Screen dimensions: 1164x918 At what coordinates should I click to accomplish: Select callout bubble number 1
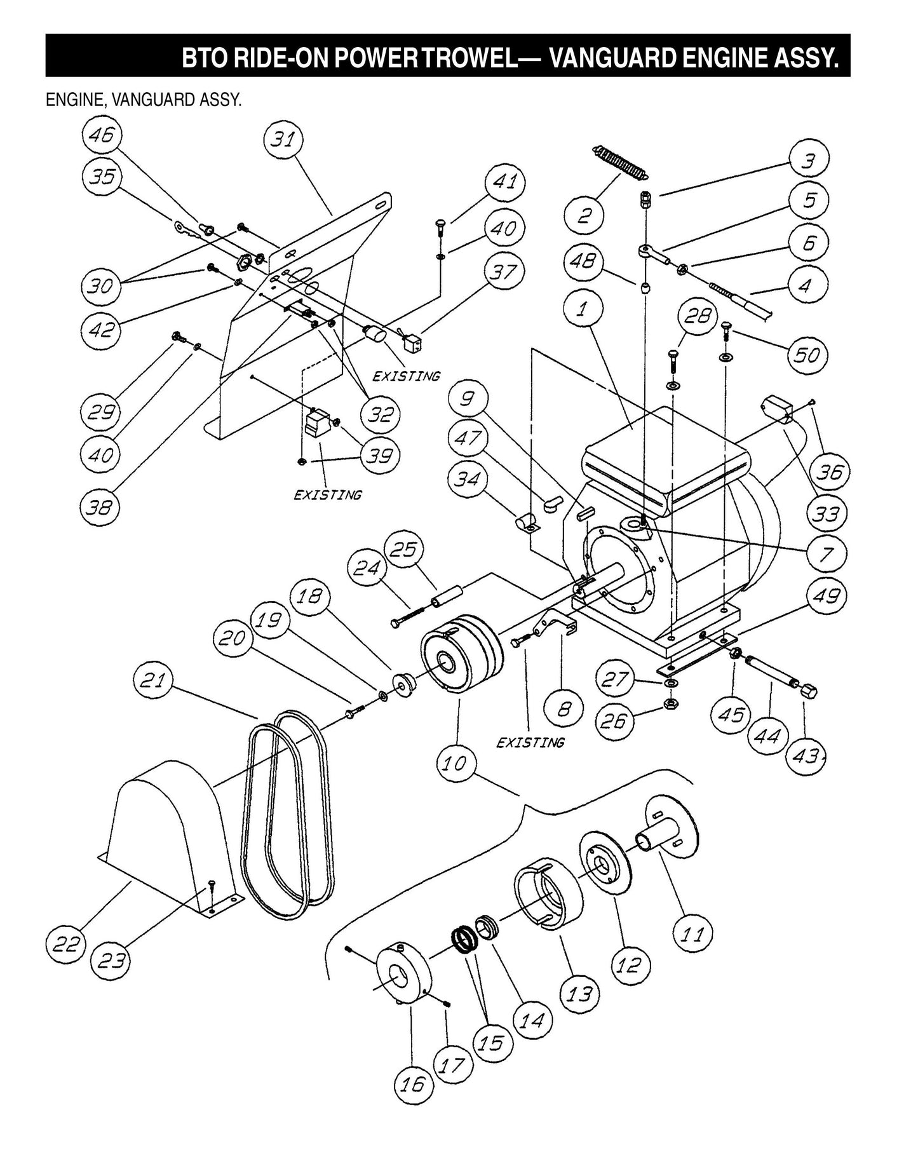(x=583, y=309)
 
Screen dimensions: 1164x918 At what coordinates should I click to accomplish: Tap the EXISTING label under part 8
(x=530, y=742)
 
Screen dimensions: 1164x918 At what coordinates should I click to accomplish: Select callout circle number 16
(x=412, y=1083)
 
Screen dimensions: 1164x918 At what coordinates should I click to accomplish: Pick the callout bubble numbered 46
(x=102, y=135)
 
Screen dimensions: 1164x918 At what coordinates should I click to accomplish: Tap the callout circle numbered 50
(x=807, y=355)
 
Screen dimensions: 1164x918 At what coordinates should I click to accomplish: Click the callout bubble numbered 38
(x=100, y=506)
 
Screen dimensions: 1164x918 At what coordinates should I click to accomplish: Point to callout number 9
(x=468, y=398)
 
